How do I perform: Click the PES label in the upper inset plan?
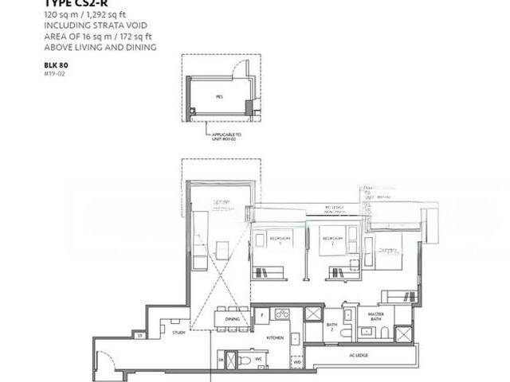(219, 96)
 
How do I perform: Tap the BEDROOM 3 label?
(279, 240)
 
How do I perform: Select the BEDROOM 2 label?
(331, 239)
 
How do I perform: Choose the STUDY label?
(178, 333)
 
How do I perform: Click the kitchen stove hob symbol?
(281, 314)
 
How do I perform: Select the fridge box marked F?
(261, 314)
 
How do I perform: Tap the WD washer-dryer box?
(296, 362)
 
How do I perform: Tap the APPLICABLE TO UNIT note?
(227, 137)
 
